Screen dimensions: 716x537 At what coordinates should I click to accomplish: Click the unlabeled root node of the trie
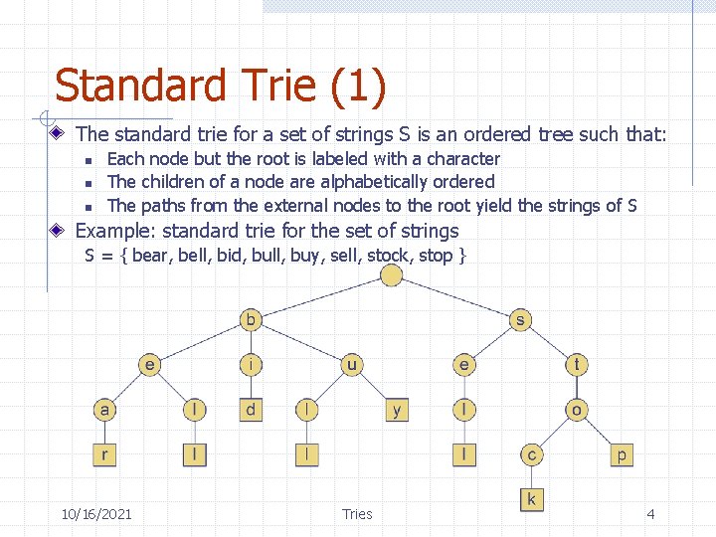point(391,274)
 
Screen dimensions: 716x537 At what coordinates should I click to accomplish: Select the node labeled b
point(252,320)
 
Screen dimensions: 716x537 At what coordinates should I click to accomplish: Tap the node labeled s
point(519,320)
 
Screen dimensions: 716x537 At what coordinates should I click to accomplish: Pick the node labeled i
point(252,365)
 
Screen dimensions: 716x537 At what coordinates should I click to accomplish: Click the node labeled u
point(352,365)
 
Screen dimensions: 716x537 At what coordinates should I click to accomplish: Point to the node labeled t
point(577,365)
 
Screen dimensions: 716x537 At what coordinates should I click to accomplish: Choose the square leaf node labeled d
point(252,410)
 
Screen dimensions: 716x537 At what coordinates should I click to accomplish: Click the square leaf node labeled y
point(397,410)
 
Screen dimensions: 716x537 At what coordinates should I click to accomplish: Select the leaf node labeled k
point(531,499)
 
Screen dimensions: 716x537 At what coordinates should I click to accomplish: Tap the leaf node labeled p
point(622,454)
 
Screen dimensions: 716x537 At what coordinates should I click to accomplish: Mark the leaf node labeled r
point(104,454)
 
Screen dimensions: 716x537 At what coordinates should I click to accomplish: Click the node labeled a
point(104,410)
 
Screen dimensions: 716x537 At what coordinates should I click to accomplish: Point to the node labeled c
point(531,454)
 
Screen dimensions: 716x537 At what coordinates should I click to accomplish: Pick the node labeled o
point(577,410)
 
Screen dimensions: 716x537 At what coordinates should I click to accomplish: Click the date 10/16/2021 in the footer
point(96,514)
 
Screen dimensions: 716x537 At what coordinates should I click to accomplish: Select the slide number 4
point(650,514)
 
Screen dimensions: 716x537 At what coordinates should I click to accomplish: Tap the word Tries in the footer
point(357,514)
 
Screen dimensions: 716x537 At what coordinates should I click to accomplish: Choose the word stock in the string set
point(389,256)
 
